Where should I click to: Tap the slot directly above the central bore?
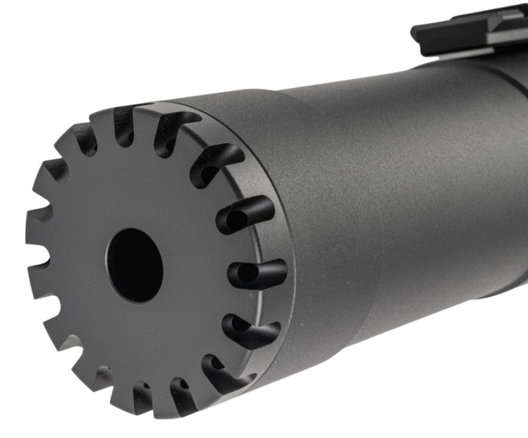coord(125,122)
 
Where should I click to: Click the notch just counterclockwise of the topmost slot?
coord(86,137)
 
